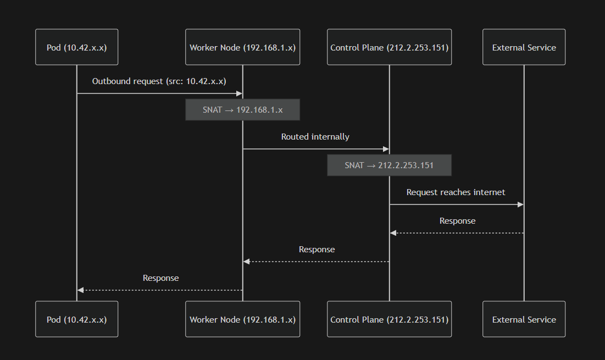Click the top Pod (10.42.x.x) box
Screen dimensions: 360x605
[x=77, y=47]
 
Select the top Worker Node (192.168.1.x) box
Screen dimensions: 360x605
[x=242, y=47]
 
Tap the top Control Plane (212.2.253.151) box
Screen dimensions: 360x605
[x=389, y=47]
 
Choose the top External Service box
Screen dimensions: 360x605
[x=524, y=47]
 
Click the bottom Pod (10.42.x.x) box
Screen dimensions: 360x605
[x=77, y=319]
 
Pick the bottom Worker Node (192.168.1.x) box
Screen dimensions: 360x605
[x=242, y=319]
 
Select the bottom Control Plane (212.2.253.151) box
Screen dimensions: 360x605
[x=389, y=319]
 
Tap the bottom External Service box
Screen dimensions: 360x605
[x=524, y=319]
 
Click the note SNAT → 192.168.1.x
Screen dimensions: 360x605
[x=242, y=110]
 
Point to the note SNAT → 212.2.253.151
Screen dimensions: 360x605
[x=389, y=165]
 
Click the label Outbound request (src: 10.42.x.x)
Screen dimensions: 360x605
[x=159, y=81]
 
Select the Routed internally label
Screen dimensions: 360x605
[x=315, y=137]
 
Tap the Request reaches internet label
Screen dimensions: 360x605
[x=456, y=192]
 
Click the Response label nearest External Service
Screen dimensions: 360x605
[x=457, y=221]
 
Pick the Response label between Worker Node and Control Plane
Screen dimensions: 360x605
[x=317, y=250]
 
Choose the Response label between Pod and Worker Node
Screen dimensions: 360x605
[x=160, y=278]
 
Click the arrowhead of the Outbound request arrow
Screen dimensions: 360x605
[x=240, y=93]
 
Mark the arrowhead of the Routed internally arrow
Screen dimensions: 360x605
[x=386, y=149]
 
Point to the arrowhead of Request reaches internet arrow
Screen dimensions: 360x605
[x=521, y=204]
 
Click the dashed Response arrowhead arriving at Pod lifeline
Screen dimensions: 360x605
[x=80, y=290]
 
